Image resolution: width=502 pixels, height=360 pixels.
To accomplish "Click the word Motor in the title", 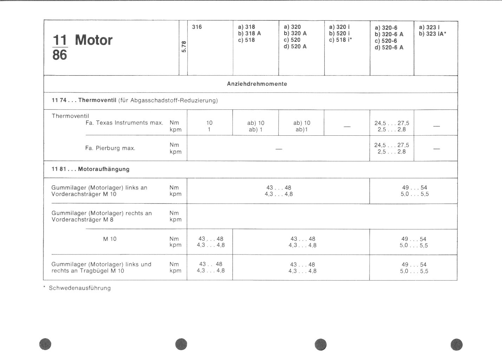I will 93,40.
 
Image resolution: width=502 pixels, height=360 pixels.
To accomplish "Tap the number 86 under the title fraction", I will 59,55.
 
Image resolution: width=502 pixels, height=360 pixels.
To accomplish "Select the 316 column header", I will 197,27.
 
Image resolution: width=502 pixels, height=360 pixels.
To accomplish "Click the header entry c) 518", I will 246,40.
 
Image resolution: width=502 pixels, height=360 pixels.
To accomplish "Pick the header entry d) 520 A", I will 295,46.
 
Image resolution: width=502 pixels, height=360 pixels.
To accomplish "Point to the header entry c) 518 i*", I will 341,40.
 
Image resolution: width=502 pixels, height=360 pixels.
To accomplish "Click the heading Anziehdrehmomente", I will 257,84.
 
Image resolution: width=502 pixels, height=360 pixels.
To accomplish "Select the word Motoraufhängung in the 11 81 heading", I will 104,169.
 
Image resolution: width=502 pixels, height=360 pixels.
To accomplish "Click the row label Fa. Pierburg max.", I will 110,148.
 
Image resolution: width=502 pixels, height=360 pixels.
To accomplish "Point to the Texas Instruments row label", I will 124,123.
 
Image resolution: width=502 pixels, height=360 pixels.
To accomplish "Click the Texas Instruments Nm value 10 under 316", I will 209,123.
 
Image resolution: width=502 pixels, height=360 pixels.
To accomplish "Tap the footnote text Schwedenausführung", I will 80,288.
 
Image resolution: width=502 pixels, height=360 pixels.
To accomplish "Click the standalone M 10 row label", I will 110,239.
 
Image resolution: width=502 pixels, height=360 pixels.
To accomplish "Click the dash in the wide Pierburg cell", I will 279,149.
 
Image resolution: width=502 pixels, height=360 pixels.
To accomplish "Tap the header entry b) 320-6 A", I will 389,34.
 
